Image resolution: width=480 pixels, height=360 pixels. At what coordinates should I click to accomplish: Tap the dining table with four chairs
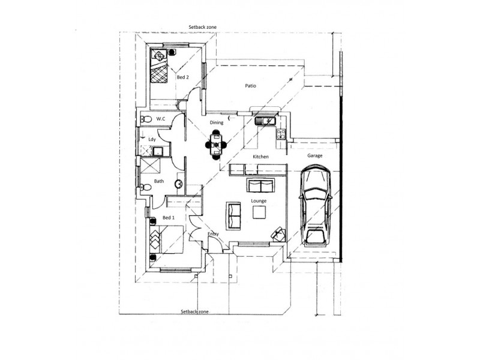[x=216, y=145]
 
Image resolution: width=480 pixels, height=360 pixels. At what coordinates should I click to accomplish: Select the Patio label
[x=251, y=86]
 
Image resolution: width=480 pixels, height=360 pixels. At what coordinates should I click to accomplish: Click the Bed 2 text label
[x=183, y=77]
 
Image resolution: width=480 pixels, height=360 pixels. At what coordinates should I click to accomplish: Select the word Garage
[x=315, y=155]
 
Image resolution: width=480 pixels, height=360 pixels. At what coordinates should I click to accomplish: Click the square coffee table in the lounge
[x=260, y=212]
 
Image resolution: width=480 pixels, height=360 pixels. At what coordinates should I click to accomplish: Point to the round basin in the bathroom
[x=178, y=184]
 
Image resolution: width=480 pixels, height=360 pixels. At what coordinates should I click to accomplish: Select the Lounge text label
[x=259, y=200]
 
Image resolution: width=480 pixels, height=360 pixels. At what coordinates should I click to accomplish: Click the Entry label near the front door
[x=213, y=234]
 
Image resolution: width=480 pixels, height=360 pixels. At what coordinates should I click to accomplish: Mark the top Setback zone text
[x=202, y=27]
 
